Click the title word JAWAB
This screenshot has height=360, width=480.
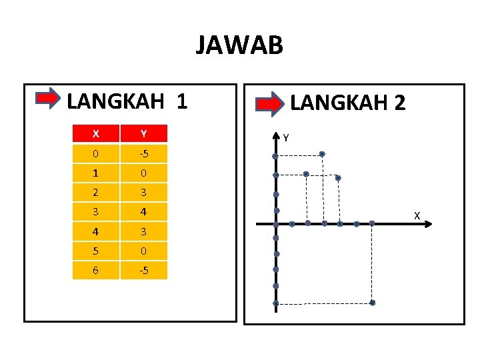(x=239, y=45)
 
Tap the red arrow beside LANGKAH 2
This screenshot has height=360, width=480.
(x=271, y=103)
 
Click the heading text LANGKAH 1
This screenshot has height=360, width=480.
(x=127, y=101)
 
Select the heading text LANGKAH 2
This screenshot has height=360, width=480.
(x=347, y=103)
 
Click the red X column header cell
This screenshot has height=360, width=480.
(x=96, y=134)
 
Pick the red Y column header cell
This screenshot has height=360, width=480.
(x=143, y=134)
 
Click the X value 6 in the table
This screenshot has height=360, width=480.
(x=96, y=271)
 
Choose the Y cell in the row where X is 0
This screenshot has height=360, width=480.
(x=143, y=155)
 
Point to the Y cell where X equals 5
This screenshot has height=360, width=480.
(x=143, y=251)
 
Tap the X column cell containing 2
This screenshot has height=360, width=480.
(x=96, y=193)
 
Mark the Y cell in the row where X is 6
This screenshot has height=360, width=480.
(x=143, y=271)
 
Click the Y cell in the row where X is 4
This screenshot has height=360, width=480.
(x=143, y=232)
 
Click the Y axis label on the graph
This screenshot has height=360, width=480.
(x=286, y=138)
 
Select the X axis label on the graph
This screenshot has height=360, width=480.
(x=417, y=215)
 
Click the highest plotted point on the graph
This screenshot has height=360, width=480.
(x=322, y=154)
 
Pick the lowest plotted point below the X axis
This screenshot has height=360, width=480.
(x=372, y=303)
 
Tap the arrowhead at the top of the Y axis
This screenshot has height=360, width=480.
(x=276, y=137)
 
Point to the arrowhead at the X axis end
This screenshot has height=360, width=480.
(x=428, y=224)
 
